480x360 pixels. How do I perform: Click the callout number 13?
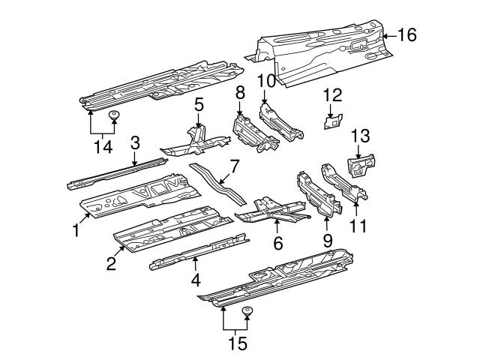coord(361,136)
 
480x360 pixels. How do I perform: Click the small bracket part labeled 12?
coord(332,121)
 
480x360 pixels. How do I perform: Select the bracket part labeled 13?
coord(361,165)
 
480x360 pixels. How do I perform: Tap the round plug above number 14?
coord(114,115)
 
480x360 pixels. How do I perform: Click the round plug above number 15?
coord(247,311)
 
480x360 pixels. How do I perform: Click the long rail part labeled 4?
coord(199,251)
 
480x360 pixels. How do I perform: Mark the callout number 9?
coord(326,241)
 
